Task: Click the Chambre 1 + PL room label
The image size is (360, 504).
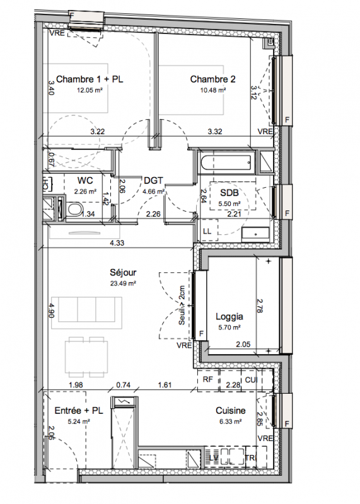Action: point(90,79)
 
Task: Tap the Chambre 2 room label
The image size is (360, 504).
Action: point(212,79)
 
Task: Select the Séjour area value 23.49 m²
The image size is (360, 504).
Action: point(123,283)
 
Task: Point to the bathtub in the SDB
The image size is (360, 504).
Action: point(226,163)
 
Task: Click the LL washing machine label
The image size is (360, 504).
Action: point(207,231)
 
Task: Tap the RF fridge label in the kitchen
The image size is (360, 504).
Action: point(208,379)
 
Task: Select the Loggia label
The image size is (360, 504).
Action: point(229,317)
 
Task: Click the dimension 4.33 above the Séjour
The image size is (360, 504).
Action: point(117,243)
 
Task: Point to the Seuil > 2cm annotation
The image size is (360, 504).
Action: point(182,305)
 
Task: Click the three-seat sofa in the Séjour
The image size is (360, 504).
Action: point(86,312)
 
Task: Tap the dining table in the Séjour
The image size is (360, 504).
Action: point(87,357)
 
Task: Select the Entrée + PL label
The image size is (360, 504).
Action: point(79,411)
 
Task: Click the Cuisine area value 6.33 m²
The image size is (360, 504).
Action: point(230,421)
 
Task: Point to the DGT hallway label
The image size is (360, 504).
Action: point(153,181)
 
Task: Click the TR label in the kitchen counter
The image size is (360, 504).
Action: point(250,458)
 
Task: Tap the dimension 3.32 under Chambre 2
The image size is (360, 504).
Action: point(215,132)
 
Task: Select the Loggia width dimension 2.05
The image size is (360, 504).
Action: point(243,345)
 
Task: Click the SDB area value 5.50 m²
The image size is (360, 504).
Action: point(229,203)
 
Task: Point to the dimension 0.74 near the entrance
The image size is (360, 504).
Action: point(123,385)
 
